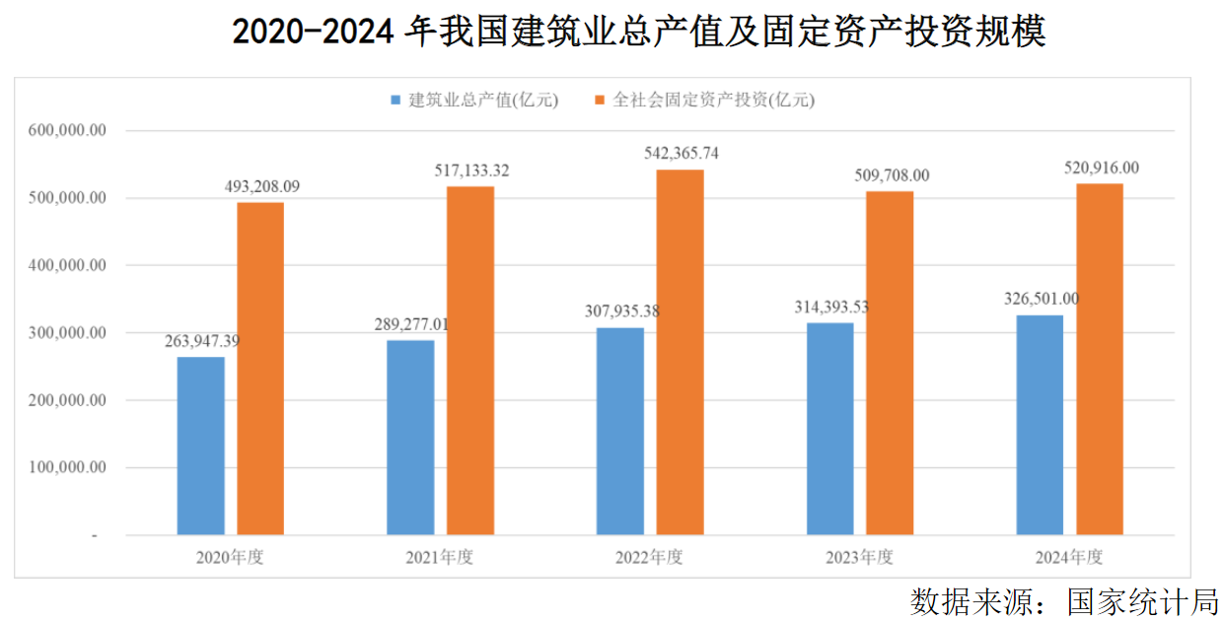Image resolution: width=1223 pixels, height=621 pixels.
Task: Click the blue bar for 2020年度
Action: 201,446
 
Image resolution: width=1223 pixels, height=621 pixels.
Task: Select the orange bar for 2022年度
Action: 680,352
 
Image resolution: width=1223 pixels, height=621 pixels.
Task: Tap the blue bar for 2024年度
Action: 1040,425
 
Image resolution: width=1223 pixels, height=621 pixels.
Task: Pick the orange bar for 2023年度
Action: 890,363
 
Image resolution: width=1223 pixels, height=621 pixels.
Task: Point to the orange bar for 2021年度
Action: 470,360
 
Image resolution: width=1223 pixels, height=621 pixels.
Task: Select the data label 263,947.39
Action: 202,341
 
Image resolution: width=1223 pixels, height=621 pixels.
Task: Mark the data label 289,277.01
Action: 412,323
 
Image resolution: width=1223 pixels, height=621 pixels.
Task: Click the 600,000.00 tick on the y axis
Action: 66,130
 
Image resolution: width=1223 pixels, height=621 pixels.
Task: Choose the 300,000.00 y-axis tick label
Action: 66,333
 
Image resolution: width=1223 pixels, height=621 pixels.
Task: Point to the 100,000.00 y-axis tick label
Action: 66,468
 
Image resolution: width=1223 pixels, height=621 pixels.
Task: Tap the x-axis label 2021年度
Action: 440,557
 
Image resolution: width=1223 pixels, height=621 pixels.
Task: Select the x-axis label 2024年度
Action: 1069,557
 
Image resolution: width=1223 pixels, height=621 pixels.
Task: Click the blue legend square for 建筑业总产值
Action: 396,100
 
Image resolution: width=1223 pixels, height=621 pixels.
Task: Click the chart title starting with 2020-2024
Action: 638,32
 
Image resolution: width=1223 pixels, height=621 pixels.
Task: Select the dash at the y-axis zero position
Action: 95,536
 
